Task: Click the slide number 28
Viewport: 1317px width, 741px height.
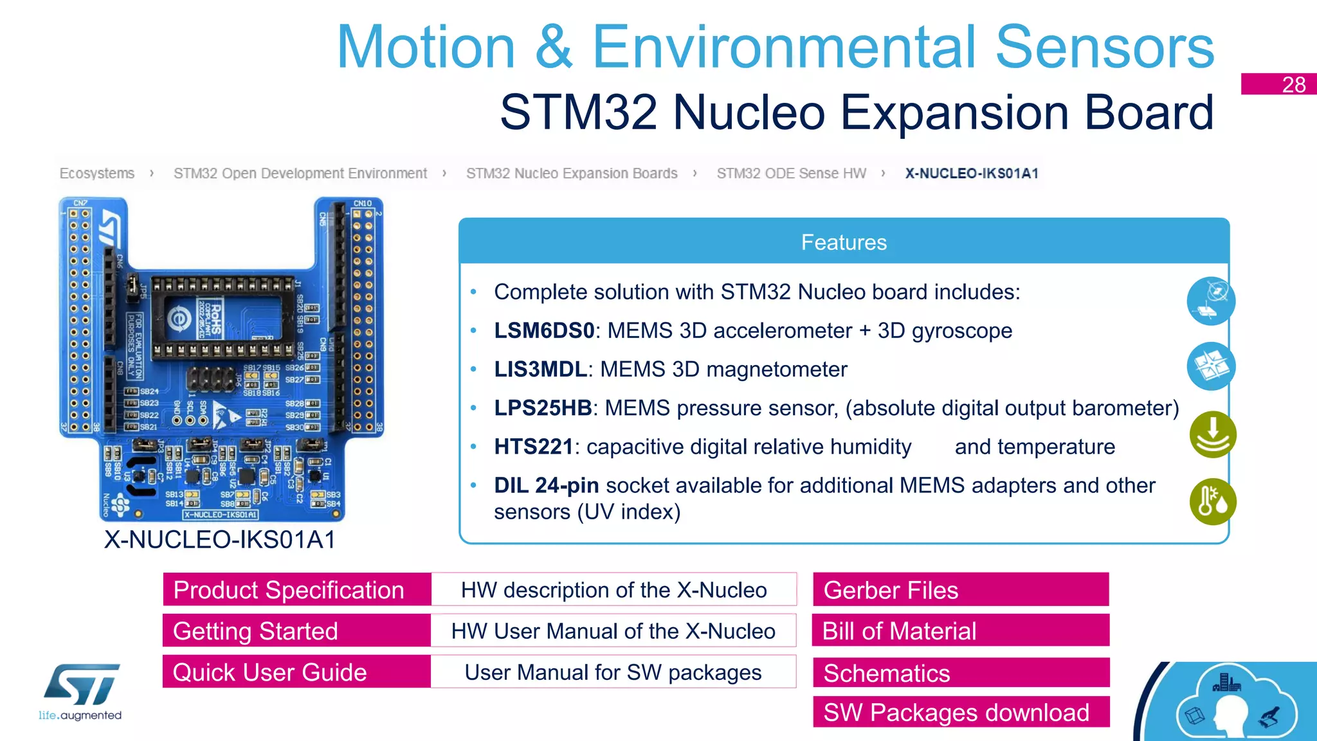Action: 1293,85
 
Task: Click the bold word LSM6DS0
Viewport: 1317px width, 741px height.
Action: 544,330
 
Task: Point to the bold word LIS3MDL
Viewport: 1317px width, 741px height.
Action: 540,370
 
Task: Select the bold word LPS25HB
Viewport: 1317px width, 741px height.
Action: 543,408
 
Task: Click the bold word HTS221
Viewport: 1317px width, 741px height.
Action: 533,447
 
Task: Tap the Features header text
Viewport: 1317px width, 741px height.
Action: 844,242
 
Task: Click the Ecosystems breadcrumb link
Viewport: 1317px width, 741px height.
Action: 97,174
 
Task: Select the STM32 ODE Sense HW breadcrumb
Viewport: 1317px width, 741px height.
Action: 791,174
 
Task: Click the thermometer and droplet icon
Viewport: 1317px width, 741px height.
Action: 1212,502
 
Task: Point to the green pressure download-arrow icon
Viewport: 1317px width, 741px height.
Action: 1212,434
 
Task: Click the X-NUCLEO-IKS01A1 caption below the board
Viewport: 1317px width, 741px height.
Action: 220,540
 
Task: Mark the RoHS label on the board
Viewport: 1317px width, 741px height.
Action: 215,318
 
